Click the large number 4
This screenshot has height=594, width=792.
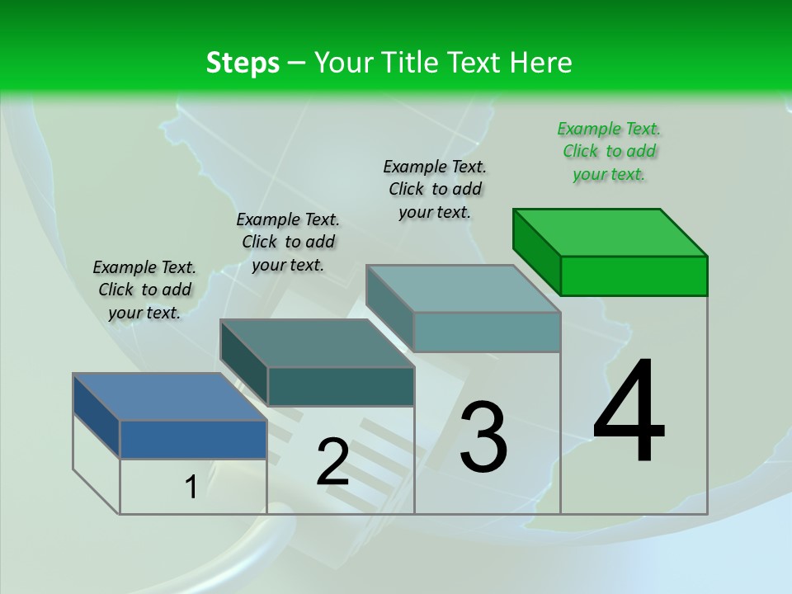629,412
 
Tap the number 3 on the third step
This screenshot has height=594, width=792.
483,437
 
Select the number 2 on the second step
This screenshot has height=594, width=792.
332,462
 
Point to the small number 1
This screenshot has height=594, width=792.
191,488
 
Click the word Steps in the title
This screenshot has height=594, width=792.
243,63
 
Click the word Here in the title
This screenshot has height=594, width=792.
540,63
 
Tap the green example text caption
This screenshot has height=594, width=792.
609,151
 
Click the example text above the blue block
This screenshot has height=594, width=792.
144,290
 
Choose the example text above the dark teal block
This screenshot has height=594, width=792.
288,242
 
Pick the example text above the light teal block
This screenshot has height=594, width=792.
435,189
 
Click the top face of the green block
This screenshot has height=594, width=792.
610,232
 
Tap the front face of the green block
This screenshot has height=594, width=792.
634,276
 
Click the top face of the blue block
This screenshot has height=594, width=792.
170,397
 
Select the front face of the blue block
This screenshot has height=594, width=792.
193,439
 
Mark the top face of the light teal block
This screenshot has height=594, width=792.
464,289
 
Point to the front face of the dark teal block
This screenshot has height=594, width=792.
341,386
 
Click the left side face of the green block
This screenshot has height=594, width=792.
536,251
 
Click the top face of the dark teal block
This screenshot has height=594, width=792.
317,343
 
